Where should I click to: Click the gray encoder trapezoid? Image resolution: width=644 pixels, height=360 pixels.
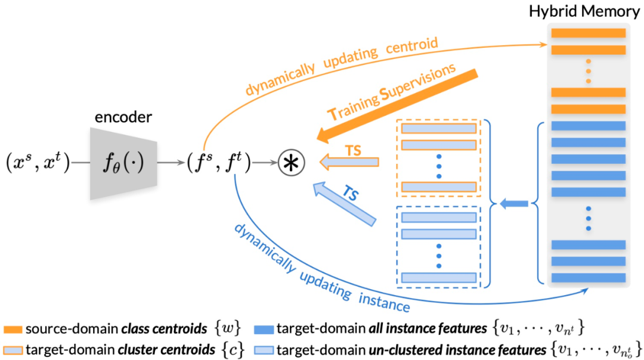(x=123, y=163)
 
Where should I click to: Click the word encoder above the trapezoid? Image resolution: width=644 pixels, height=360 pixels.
(x=123, y=117)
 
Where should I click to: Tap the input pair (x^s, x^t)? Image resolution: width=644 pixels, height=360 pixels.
(x=38, y=163)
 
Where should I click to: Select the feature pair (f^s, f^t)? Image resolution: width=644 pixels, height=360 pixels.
(x=218, y=163)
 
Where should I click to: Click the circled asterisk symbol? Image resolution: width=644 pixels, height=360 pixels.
(x=291, y=163)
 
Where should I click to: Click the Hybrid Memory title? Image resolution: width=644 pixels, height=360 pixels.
(x=584, y=11)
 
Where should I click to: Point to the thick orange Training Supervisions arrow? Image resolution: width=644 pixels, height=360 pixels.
(x=398, y=106)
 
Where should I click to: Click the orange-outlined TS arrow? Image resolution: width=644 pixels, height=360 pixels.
(x=349, y=162)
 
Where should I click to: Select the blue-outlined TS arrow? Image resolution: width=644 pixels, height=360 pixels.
(x=344, y=204)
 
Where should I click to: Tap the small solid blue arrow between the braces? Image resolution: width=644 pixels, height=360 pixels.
(x=513, y=204)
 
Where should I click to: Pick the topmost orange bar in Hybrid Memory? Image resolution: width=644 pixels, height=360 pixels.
(x=588, y=33)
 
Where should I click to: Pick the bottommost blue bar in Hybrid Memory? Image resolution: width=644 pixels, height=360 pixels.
(x=588, y=278)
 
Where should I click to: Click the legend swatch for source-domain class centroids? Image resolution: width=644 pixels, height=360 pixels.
(x=13, y=329)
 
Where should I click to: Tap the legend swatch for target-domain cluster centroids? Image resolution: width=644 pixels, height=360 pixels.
(x=13, y=350)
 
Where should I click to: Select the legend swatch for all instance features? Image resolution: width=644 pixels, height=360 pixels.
(x=264, y=329)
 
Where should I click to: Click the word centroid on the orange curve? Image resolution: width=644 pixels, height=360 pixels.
(x=412, y=45)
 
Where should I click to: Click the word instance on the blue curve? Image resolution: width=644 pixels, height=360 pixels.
(x=384, y=302)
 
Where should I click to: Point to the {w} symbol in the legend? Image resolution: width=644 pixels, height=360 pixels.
(x=228, y=329)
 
